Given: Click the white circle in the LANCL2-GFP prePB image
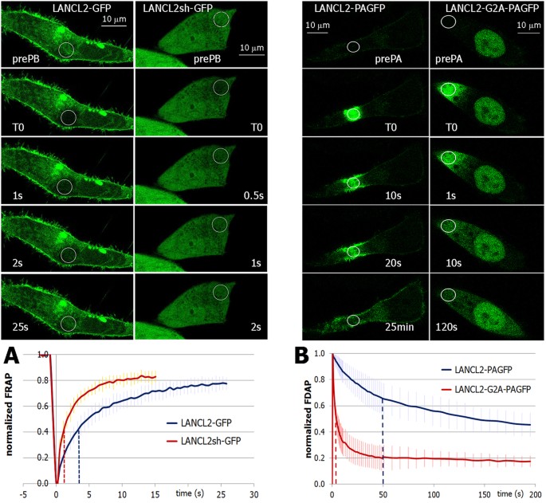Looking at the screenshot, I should coord(67,50).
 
